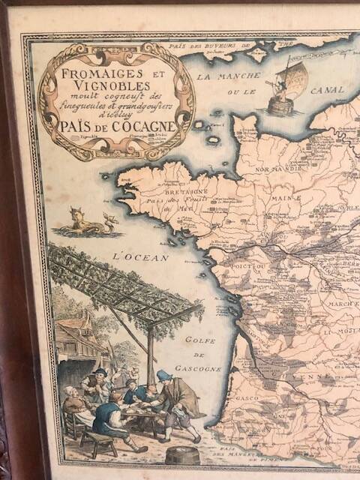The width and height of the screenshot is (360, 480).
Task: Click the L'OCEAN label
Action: [x=134, y=256]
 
